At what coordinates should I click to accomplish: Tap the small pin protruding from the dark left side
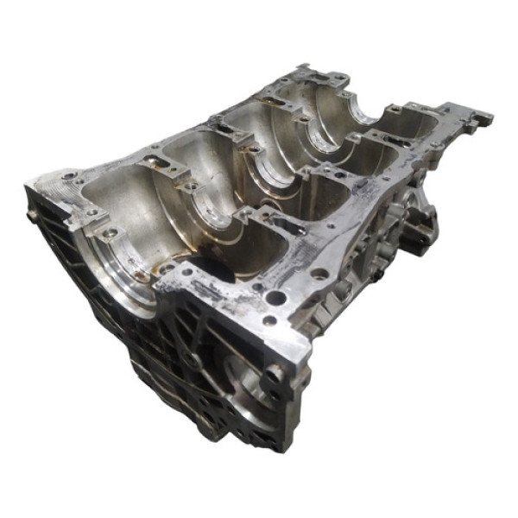33,217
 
